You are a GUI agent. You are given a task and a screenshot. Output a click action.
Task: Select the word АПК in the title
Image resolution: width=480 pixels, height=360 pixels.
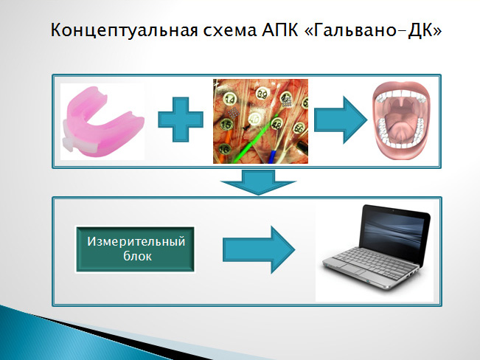[x=279, y=30]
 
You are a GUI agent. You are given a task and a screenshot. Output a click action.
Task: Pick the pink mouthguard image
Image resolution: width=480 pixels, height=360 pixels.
[x=102, y=122]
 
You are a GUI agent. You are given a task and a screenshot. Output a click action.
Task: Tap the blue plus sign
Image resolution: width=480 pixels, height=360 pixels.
[x=181, y=120]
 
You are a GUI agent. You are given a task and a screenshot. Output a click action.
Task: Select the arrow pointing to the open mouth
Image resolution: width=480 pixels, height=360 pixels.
[x=341, y=120]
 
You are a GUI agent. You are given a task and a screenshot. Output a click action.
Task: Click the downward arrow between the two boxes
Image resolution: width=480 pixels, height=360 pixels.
[x=258, y=182]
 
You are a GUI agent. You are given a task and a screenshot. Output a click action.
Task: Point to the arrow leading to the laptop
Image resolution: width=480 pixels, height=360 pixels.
[x=259, y=250]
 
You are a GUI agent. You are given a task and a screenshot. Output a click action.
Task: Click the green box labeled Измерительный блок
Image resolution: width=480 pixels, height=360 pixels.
[x=135, y=249]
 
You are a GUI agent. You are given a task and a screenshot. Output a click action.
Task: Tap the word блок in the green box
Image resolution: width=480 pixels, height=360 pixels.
[x=137, y=256]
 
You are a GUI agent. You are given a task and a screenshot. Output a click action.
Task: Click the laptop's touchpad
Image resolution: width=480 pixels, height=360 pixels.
[x=353, y=269]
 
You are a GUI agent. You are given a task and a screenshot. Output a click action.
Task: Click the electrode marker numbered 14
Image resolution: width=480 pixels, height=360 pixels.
[x=229, y=99]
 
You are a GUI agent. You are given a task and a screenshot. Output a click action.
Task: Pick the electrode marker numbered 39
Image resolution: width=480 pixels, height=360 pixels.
[x=262, y=94]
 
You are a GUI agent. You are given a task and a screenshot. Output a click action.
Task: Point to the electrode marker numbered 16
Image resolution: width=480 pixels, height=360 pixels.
[x=225, y=150]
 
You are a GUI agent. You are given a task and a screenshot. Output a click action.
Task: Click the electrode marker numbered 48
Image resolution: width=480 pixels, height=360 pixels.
[x=276, y=125]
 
